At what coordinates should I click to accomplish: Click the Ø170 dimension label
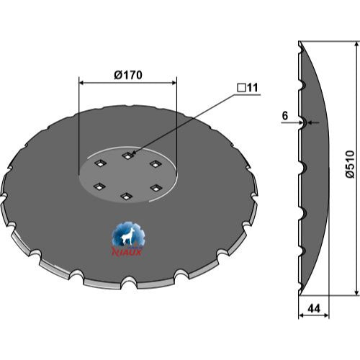coord(128,75)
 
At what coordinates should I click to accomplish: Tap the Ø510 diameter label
coord(350,164)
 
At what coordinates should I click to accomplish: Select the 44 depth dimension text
coord(314,308)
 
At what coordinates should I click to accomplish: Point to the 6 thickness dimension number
coord(285,116)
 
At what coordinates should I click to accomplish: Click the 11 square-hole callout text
coord(252,88)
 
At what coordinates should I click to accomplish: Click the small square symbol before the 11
coord(241,88)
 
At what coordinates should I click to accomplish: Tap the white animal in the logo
coord(127,236)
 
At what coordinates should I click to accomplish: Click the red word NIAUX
coord(127,252)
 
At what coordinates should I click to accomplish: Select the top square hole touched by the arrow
coord(127,156)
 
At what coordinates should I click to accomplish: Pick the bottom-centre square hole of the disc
coord(126,197)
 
